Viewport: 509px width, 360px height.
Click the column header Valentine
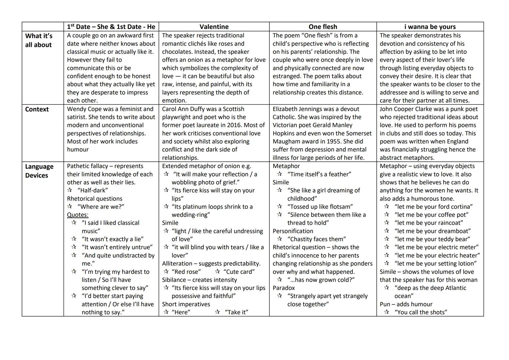pyautogui.click(x=214, y=27)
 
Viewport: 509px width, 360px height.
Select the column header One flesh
pyautogui.click(x=323, y=27)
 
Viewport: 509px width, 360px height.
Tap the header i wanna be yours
pyautogui.click(x=430, y=27)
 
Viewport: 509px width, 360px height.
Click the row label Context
pyautogui.click(x=37, y=109)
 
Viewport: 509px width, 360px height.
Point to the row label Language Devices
pyautogui.click(x=39, y=171)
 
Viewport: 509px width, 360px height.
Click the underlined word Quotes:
pyautogui.click(x=78, y=215)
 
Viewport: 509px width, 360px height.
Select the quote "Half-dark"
pyautogui.click(x=93, y=190)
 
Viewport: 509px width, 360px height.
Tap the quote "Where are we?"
pyautogui.click(x=101, y=207)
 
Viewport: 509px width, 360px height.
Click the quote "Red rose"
pyautogui.click(x=186, y=272)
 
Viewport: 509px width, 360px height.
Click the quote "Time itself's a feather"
pyautogui.click(x=319, y=174)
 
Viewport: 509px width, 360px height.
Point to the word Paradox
pyautogui.click(x=284, y=288)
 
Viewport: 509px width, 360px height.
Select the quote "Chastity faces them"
pyautogui.click(x=317, y=239)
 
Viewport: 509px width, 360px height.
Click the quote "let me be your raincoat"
pyautogui.click(x=429, y=223)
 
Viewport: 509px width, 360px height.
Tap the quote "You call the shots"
pyautogui.click(x=421, y=312)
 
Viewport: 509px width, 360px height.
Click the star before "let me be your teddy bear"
pyautogui.click(x=386, y=239)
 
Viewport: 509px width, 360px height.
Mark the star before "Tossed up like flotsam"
pyautogui.click(x=279, y=207)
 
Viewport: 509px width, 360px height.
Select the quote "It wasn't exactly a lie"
pyautogui.click(x=113, y=239)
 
